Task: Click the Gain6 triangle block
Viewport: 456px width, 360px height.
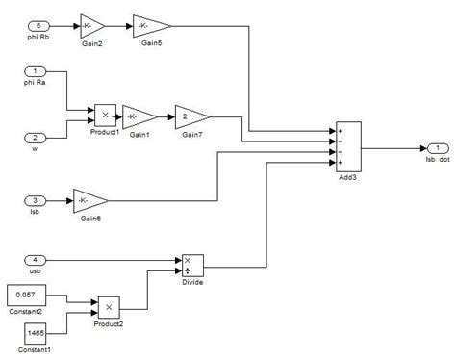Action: [x=89, y=201]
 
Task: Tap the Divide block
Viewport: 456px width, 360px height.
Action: [x=192, y=265]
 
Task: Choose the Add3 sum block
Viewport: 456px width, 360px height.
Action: [x=346, y=147]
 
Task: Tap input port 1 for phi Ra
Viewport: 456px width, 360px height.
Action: [x=34, y=72]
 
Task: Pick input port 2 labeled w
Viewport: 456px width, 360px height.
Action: [x=34, y=138]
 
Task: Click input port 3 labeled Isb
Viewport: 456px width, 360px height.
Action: [x=34, y=201]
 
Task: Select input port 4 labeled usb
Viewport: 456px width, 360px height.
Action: [x=34, y=259]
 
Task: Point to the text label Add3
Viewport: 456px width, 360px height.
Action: [x=346, y=180]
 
